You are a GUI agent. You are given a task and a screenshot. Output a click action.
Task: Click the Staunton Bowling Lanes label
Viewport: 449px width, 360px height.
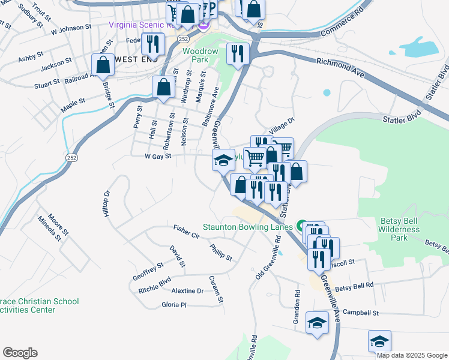point(247,227)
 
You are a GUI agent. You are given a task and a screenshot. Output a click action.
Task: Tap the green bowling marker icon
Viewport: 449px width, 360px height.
point(301,226)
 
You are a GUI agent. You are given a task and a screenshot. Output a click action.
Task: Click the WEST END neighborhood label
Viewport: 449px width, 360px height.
point(134,59)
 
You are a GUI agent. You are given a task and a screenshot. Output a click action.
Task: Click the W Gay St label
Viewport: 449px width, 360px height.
point(158,156)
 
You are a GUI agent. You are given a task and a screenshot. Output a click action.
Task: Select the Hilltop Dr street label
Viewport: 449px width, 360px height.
point(107,204)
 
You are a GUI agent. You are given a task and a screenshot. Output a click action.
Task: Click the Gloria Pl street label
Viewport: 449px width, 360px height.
point(174,305)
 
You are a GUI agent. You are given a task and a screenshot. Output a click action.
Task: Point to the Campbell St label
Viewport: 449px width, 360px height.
point(361,313)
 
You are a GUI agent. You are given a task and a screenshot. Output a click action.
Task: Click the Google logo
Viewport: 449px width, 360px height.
point(20,353)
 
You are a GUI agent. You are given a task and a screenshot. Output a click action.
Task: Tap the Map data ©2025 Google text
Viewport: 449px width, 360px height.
point(412,355)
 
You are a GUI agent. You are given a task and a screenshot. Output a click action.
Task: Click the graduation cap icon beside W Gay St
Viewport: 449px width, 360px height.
point(223,160)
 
